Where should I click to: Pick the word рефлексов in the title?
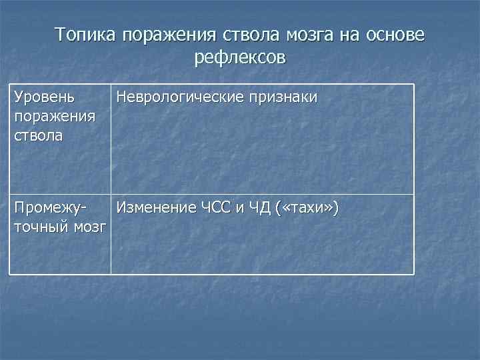click(240, 58)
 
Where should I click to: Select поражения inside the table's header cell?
click(54, 117)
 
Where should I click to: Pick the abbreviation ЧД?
click(258, 209)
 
